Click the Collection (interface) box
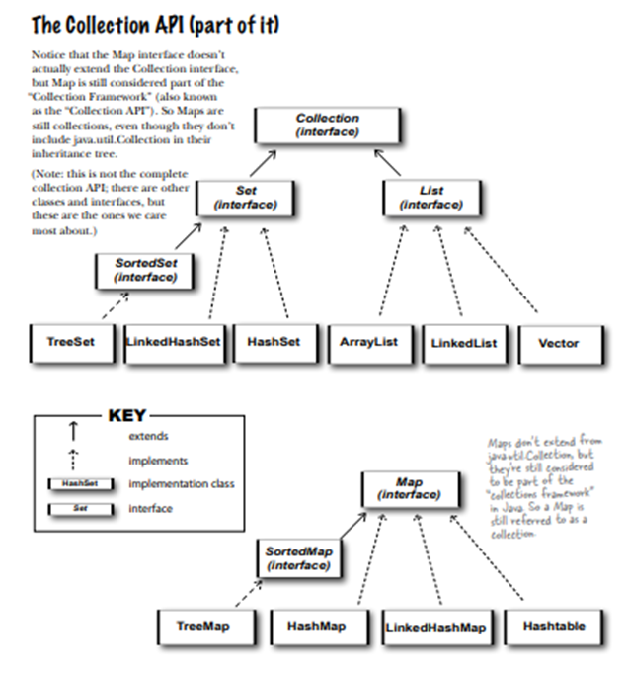327,125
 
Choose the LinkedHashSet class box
175,343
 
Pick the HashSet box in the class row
274,343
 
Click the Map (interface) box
410,487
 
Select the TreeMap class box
202,627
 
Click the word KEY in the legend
126,415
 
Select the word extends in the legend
148,436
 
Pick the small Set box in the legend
79,509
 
